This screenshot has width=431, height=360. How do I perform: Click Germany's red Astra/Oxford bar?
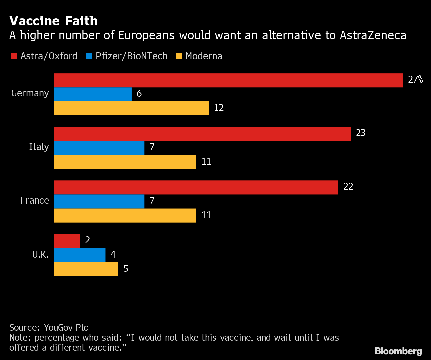coord(228,80)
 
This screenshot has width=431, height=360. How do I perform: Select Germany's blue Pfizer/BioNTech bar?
coord(93,94)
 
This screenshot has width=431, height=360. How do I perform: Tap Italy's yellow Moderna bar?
coord(125,162)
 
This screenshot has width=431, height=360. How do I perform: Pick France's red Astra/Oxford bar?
coord(196,187)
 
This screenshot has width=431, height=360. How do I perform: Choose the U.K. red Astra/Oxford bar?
coord(67,241)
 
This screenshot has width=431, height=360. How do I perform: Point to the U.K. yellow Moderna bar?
coord(86,269)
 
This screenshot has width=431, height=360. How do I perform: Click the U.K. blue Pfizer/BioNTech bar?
coord(79,255)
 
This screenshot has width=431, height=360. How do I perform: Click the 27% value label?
coord(415,79)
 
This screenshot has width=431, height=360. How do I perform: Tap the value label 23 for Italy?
coord(360,133)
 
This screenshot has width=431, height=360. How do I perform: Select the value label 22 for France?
coord(348,187)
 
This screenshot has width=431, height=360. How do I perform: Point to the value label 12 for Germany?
coord(219,108)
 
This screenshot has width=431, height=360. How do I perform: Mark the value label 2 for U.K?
coord(88,240)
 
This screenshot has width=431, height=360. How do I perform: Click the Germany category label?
coord(30,93)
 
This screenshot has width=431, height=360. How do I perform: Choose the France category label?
coord(35,200)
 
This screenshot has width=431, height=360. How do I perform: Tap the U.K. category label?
coord(41,255)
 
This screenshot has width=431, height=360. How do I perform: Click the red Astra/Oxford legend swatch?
coord(14,56)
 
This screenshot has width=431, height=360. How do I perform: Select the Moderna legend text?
coord(204,56)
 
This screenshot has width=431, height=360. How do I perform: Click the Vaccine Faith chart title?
coord(54,21)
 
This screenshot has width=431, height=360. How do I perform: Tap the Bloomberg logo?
coord(398,351)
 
